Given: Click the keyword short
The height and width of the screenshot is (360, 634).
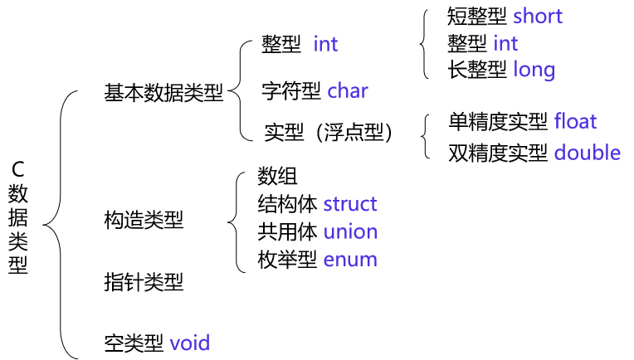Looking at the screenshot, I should click(538, 16).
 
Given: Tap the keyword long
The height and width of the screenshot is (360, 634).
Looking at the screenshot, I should click(534, 70).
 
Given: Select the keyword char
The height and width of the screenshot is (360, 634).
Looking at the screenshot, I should click(348, 90).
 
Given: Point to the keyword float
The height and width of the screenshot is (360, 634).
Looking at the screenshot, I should click(575, 122).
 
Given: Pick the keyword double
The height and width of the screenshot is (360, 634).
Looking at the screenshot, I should click(588, 153).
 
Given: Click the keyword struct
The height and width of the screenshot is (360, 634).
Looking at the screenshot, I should click(350, 204).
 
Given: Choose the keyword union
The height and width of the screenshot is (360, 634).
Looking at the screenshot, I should click(350, 231).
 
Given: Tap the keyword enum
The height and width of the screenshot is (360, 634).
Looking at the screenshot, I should click(350, 260).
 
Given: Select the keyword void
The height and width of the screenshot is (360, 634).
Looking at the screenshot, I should click(190, 342).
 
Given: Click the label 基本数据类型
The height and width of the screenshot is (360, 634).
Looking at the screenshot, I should click(163, 93).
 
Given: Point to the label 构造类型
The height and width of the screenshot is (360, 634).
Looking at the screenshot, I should click(144, 220).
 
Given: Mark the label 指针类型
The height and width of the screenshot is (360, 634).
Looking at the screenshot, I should click(144, 282).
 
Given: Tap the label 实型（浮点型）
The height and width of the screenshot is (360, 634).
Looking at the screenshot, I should click(329, 132).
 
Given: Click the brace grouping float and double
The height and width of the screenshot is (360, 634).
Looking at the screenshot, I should click(426, 137).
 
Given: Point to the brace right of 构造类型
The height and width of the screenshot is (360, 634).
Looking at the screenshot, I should click(233, 220).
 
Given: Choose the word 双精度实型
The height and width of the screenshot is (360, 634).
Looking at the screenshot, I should click(498, 153).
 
